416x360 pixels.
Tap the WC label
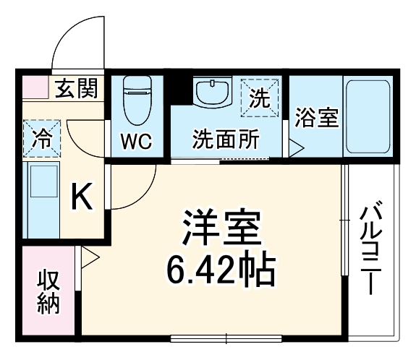tap(135, 140)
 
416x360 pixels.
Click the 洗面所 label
tap(226, 140)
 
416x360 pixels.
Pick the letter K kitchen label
tap(82, 197)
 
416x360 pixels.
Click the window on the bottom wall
tap(226, 337)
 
